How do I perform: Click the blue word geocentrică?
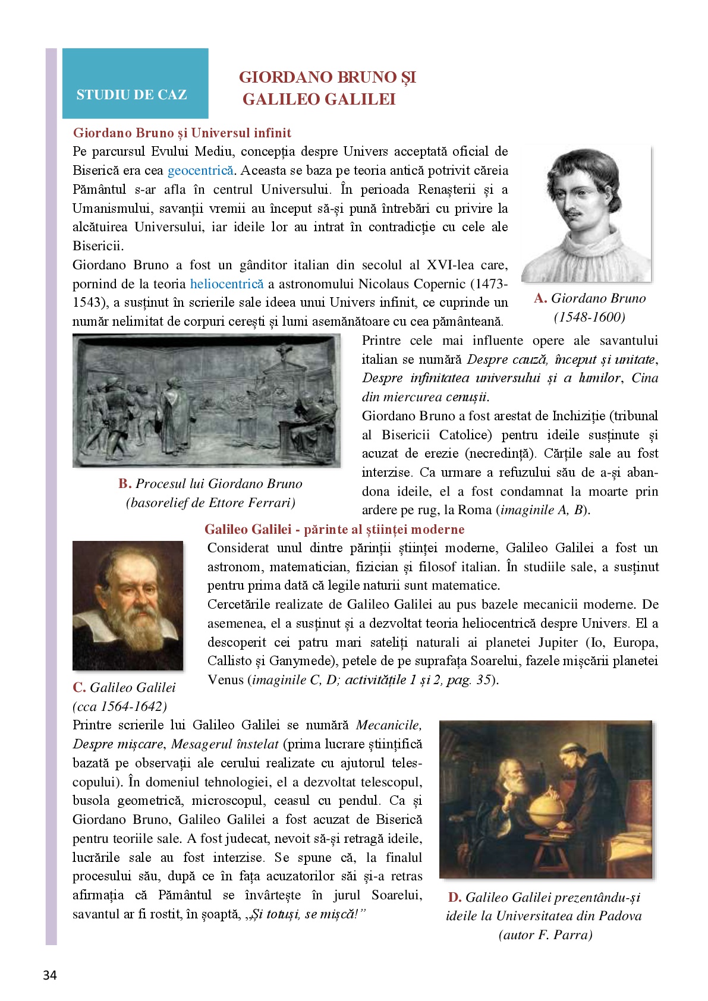200,171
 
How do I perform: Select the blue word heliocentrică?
226,284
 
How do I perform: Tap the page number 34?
50,975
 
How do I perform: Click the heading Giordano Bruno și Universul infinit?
182,133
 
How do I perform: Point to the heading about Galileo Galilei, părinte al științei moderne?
334,529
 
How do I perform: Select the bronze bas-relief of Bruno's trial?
206,401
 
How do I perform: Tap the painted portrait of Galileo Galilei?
128,605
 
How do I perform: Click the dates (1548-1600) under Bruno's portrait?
589,317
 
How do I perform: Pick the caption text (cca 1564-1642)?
119,706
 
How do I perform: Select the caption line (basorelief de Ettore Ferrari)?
210,503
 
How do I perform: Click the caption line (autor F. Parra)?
545,935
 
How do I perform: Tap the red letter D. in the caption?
455,898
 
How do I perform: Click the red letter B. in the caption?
125,484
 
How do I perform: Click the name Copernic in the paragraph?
439,284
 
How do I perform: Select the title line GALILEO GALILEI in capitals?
319,99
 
